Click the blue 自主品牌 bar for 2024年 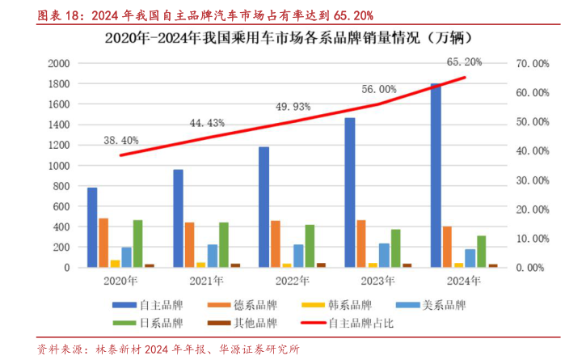point(436,176)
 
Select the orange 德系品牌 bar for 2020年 point(103,243)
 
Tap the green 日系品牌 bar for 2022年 point(310,246)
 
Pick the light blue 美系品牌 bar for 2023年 point(384,255)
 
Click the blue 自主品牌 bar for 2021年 point(178,218)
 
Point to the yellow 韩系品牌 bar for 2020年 point(115,264)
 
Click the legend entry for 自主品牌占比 point(356,324)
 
